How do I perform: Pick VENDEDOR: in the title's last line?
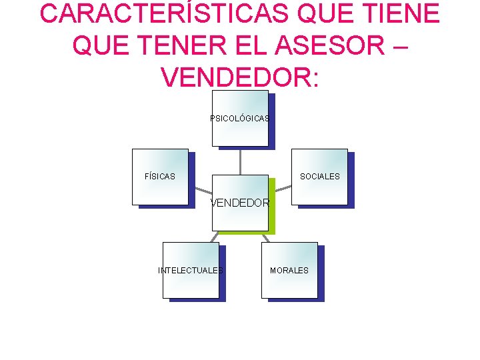[240, 77]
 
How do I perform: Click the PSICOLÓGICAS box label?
[239, 119]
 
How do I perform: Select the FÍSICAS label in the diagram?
[160, 177]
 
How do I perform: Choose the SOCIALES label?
[319, 177]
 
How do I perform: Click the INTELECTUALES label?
[191, 271]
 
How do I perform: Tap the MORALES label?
[289, 271]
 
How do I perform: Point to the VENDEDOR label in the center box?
[240, 203]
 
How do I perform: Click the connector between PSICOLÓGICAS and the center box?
[240, 161]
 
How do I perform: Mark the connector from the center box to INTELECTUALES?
[214, 237]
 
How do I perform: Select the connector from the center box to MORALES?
[267, 237]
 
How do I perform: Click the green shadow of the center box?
[272, 213]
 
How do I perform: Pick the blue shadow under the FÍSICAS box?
[167, 207]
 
